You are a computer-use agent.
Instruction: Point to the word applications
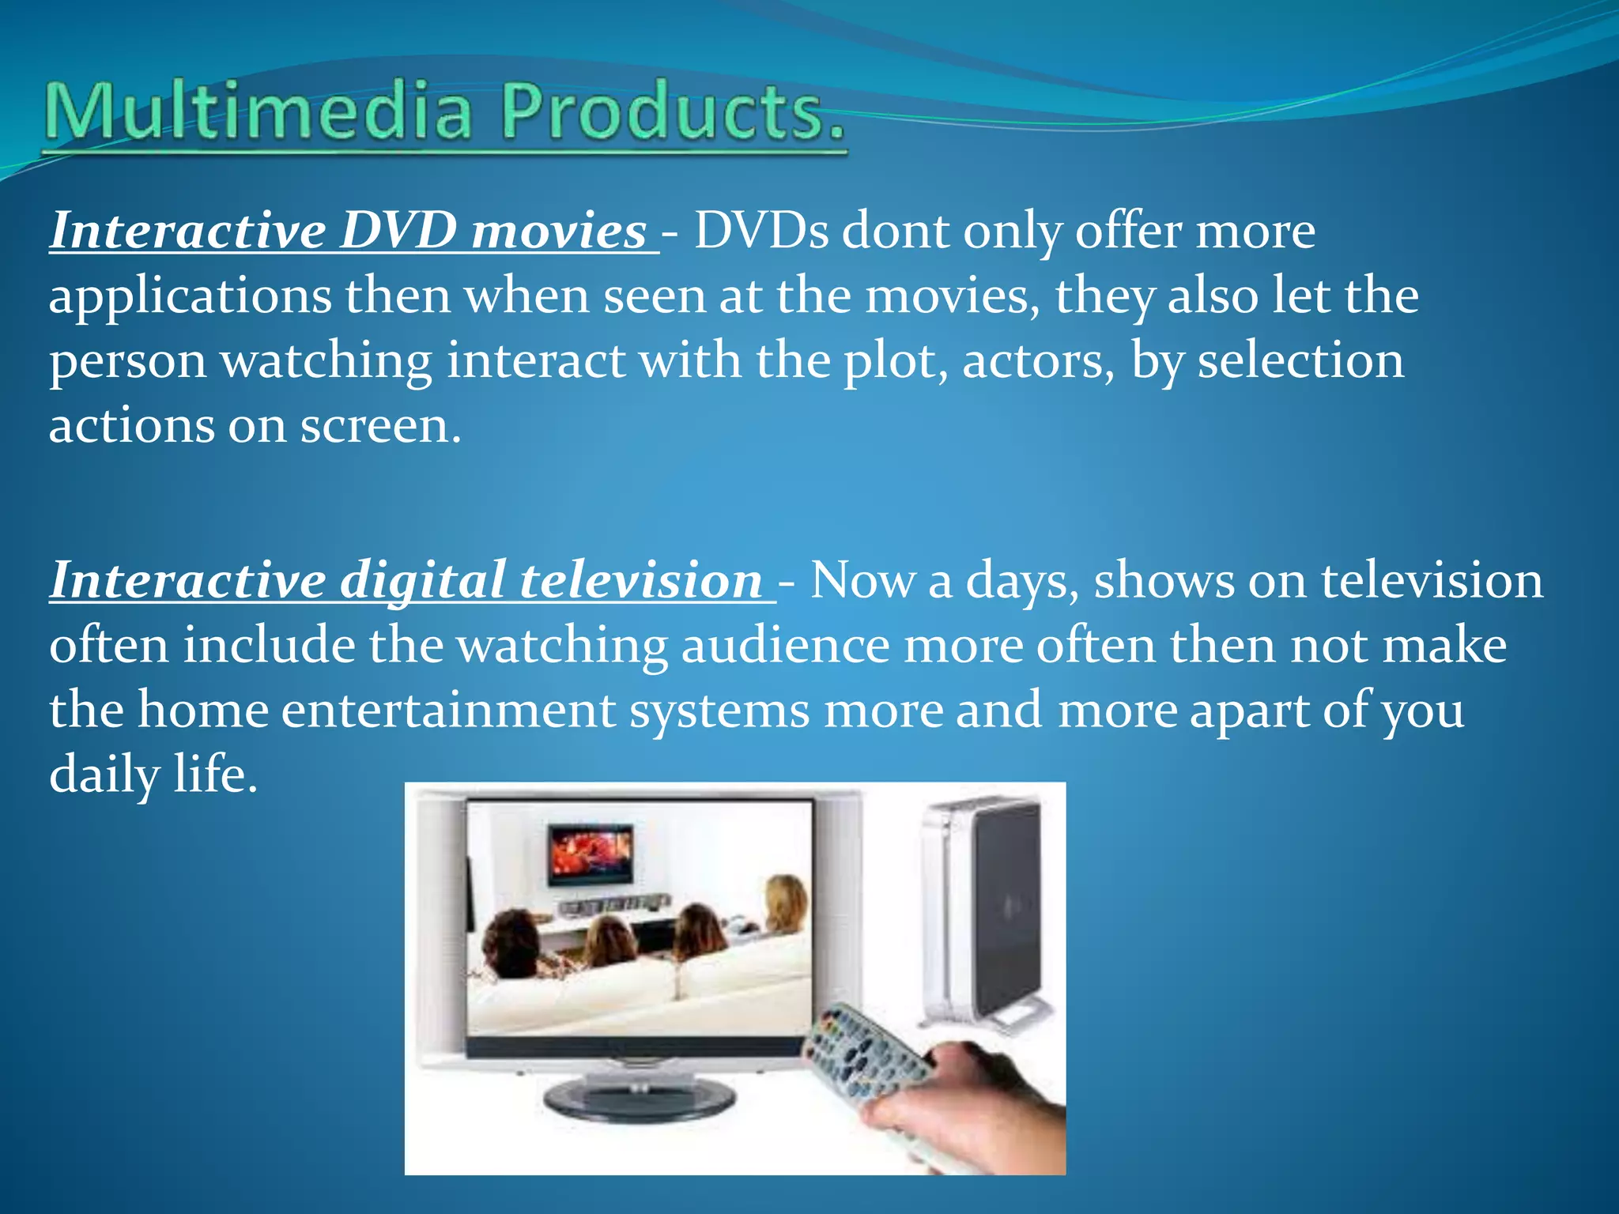(190, 297)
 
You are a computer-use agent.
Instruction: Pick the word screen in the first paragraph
(379, 427)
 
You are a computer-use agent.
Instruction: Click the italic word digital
(422, 582)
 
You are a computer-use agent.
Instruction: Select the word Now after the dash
(862, 582)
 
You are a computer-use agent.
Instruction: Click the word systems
(719, 711)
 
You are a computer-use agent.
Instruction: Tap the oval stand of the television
(639, 1099)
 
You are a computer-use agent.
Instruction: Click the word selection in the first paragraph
(1300, 362)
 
